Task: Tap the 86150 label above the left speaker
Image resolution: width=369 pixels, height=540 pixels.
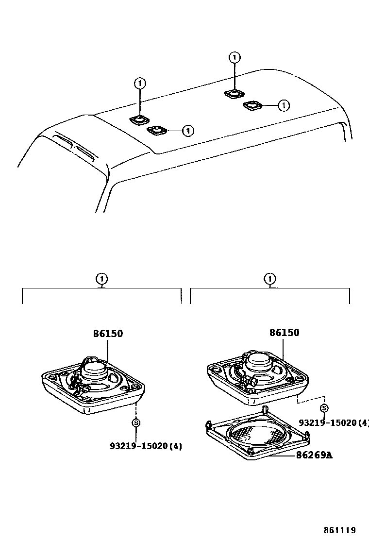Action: pos(108,334)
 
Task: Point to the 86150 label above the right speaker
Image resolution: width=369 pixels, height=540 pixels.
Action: pos(285,333)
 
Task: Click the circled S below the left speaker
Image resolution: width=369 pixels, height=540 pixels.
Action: pos(136,422)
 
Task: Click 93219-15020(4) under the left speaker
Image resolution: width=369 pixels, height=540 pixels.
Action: pos(146,445)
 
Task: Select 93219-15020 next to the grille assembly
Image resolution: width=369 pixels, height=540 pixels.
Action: pos(334,422)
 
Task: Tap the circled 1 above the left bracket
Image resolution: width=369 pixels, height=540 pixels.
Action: pos(101,279)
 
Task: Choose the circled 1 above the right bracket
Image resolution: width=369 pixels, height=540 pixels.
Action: pos(269,279)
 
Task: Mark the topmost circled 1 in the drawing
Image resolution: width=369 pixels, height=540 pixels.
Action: pos(235,58)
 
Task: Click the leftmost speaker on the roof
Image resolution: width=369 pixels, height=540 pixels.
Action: pos(140,119)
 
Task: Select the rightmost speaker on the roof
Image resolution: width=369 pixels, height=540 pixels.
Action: pos(252,105)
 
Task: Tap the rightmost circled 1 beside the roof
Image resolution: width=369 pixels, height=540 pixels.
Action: pos(284,104)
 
